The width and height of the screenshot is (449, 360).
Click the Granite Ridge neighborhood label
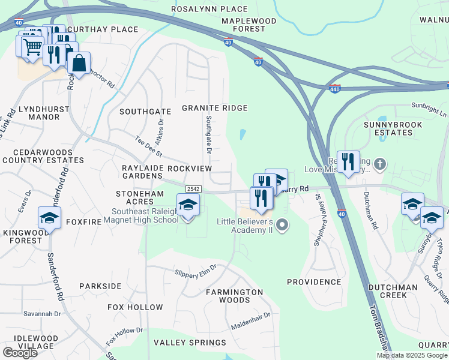click(x=215, y=108)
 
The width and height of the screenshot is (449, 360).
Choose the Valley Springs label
click(x=190, y=343)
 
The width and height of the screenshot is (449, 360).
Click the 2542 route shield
click(x=193, y=188)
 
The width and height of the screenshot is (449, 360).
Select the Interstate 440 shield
click(x=335, y=89)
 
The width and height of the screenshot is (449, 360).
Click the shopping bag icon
click(x=79, y=62)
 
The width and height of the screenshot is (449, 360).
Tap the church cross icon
click(x=379, y=163)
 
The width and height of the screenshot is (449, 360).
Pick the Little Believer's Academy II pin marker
click(x=283, y=226)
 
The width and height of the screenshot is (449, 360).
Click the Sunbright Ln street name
click(x=429, y=109)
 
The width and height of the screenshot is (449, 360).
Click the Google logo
click(x=19, y=353)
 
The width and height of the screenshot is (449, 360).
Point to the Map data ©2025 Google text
click(x=411, y=355)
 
